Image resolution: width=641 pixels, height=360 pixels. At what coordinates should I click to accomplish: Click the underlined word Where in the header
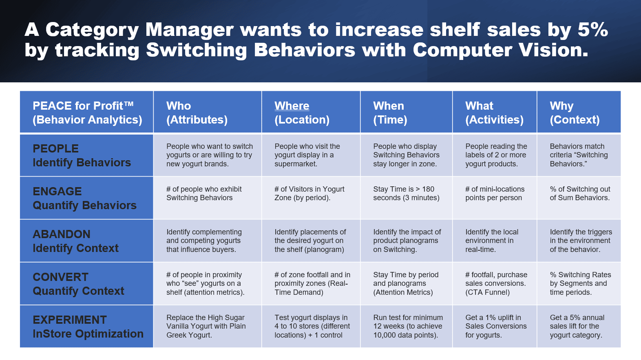click(x=292, y=106)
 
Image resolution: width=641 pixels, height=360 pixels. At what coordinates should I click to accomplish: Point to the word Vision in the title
click(x=553, y=50)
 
